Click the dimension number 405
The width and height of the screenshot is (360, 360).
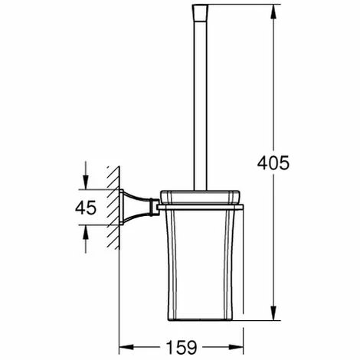point(273,163)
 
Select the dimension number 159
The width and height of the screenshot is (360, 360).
point(182,347)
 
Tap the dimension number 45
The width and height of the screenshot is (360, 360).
point(86,208)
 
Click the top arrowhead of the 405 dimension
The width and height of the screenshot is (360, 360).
point(273,11)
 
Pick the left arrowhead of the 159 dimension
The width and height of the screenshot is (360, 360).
point(126,347)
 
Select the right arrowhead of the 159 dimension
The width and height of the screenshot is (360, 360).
point(236,347)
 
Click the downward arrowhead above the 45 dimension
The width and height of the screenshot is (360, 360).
point(86,182)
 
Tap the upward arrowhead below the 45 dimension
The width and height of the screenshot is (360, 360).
point(86,232)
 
